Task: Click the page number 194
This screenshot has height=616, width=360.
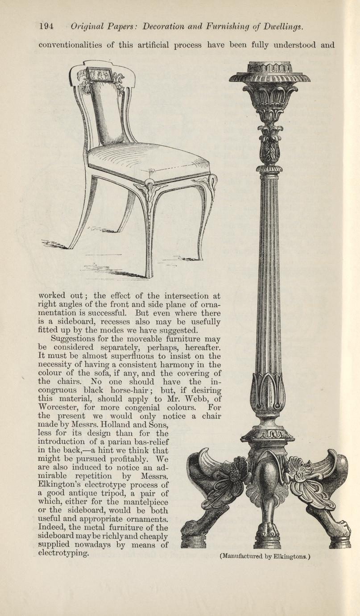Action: point(46,26)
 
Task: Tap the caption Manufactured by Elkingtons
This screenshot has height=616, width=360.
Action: point(265,556)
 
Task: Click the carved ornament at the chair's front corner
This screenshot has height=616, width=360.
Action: point(148,190)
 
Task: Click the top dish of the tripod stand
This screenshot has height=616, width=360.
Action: point(269,76)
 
